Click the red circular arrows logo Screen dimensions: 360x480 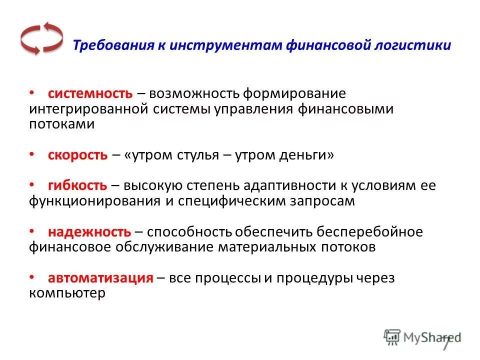[41, 38]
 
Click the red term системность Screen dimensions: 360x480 [90, 93]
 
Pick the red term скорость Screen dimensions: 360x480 [77, 155]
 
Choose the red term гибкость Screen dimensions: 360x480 [77, 186]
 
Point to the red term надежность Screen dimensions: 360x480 [89, 232]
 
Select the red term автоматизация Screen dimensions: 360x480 [100, 278]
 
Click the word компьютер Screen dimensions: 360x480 [67, 293]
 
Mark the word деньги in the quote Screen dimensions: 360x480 [305, 155]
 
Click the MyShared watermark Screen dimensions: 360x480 [422, 336]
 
